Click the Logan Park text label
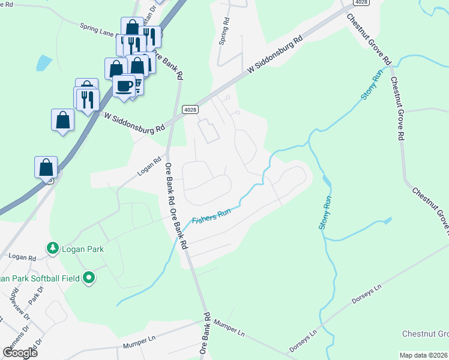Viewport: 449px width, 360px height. (82, 249)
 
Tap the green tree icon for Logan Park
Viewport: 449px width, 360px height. (53, 248)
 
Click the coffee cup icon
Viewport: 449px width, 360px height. (124, 85)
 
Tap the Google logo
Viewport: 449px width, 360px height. (20, 352)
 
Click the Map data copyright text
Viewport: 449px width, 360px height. (423, 355)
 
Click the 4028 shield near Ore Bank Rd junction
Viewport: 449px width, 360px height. (190, 109)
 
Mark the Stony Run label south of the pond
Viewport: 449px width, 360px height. (325, 214)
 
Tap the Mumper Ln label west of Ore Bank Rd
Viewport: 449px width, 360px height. (139, 345)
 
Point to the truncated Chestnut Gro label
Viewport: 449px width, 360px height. (426, 334)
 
